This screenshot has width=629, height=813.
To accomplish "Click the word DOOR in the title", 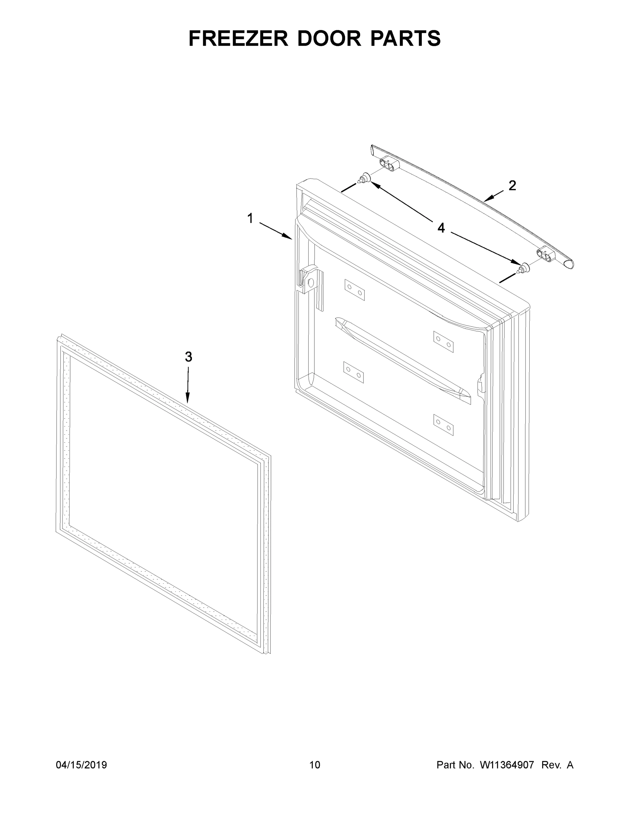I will pyautogui.click(x=329, y=38).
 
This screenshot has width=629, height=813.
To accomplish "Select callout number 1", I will pyautogui.click(x=250, y=218).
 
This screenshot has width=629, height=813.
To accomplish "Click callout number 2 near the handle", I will pyautogui.click(x=512, y=185).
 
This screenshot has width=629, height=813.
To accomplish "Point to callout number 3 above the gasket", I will pyautogui.click(x=189, y=357).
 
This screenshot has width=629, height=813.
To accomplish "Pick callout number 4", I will pyautogui.click(x=441, y=228).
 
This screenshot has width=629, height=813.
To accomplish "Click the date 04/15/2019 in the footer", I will pyautogui.click(x=81, y=765).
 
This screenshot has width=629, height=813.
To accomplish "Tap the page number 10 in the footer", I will pyautogui.click(x=315, y=765).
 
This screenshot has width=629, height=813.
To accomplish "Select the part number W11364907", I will pyautogui.click(x=507, y=765).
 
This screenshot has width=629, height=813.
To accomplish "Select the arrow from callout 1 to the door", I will pyautogui.click(x=275, y=231).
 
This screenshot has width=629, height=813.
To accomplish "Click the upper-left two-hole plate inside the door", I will pyautogui.click(x=354, y=290).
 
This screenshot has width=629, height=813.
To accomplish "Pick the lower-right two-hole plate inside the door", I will pyautogui.click(x=444, y=424).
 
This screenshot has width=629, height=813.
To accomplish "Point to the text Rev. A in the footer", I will pyautogui.click(x=557, y=765).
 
